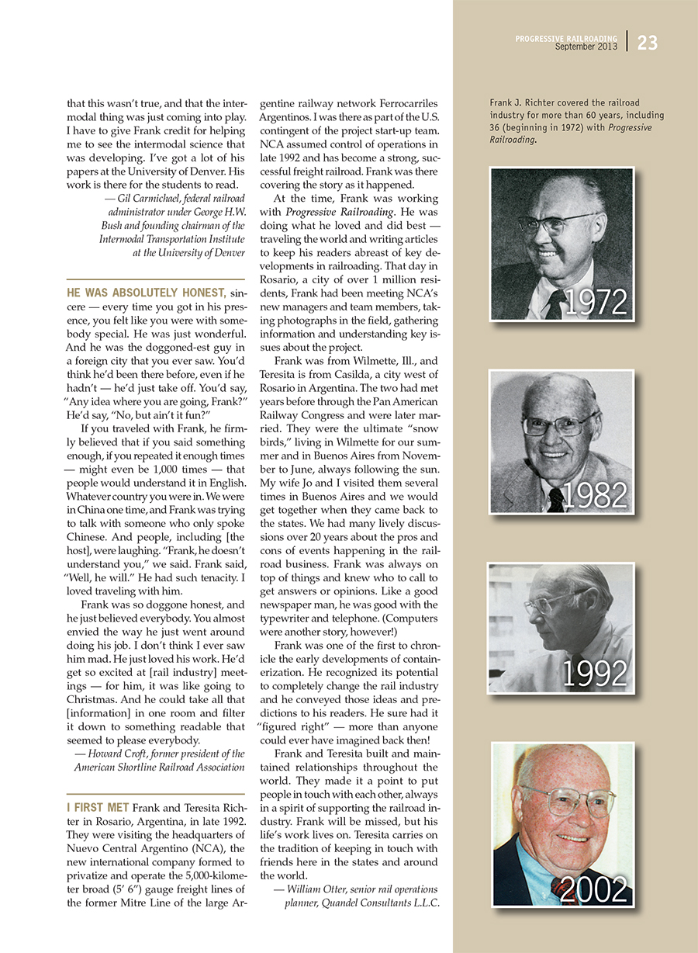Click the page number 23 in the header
647,43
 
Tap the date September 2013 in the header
586,47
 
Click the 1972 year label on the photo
595,302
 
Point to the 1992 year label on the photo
595,674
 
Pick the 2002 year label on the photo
594,890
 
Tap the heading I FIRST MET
98,808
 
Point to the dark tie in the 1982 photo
555,499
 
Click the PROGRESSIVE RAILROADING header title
566,37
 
